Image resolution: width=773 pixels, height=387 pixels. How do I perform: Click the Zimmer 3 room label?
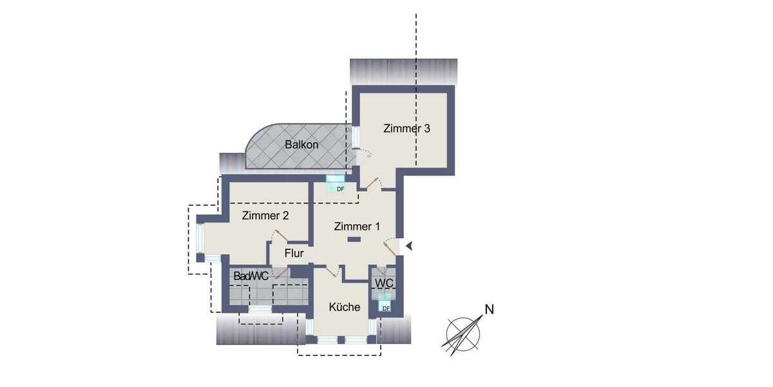coord(406,128)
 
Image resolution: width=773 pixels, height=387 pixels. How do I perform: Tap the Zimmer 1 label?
coord(357,226)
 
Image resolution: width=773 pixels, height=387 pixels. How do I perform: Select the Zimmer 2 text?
coord(265,216)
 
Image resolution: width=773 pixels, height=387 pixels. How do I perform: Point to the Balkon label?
coord(301,144)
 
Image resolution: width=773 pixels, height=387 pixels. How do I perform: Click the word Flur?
coord(294,253)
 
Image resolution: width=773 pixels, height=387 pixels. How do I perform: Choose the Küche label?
coord(345,307)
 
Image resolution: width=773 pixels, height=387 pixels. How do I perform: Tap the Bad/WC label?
coord(251,276)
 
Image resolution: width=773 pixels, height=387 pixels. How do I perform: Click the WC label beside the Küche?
coord(385,283)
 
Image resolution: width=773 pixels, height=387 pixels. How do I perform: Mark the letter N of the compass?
coord(489,309)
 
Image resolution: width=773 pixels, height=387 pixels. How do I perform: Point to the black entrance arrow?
coord(408,246)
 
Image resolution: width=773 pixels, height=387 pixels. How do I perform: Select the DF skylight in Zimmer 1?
coord(336,184)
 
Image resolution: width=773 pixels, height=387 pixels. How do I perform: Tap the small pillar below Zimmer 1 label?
coord(354,240)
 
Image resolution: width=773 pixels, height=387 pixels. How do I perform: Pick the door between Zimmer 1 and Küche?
coord(332,272)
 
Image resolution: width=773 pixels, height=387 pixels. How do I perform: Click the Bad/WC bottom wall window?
coord(260,309)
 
